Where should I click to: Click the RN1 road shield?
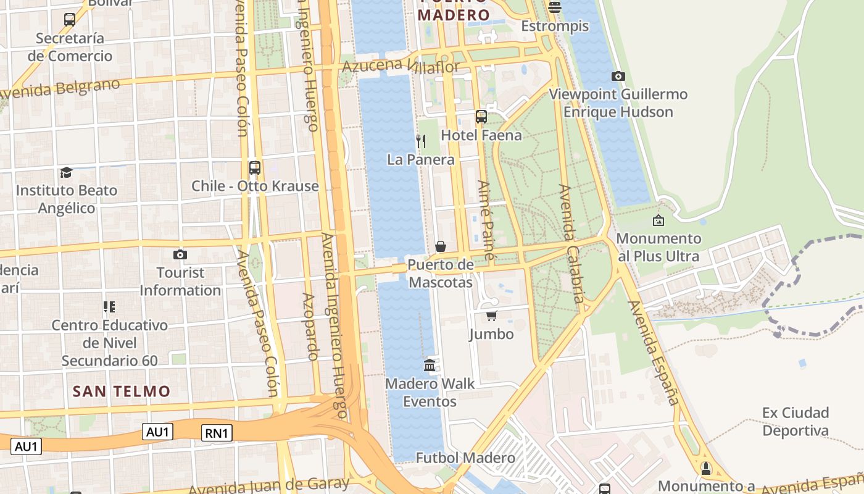217,433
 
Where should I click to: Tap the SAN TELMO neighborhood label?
122,391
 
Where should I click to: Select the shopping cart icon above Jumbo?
491,316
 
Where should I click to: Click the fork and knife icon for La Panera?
421,141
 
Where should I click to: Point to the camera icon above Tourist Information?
180,254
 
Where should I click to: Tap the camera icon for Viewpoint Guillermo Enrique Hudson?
618,77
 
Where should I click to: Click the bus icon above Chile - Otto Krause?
254,168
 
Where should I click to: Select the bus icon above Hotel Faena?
481,117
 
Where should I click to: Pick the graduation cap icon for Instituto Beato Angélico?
66,172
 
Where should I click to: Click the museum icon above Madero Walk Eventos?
430,366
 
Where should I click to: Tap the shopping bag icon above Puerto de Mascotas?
440,247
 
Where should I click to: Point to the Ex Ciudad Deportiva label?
795,421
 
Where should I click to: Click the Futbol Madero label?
465,458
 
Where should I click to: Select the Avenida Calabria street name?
571,244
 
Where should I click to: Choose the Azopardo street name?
310,326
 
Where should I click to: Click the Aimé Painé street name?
486,220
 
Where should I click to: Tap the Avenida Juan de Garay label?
268,485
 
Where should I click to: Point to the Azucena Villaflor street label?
401,65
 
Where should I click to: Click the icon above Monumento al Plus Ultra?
658,220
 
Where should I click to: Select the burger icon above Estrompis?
554,7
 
